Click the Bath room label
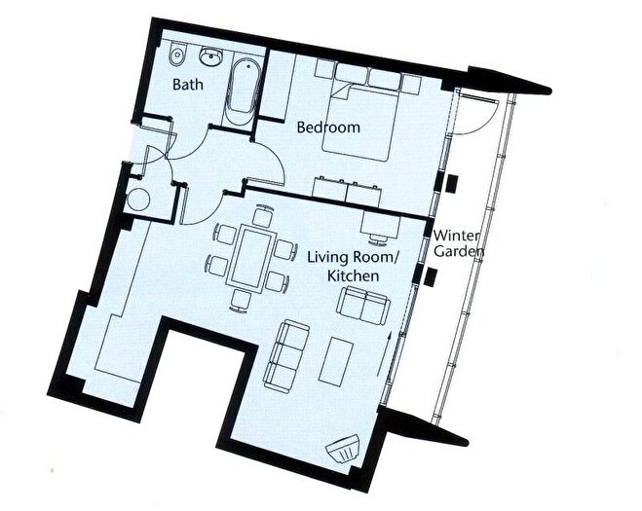click(x=187, y=85)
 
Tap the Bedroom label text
click(x=328, y=128)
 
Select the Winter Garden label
click(x=458, y=243)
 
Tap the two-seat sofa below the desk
click(x=363, y=305)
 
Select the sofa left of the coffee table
click(x=287, y=351)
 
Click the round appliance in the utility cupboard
click(x=139, y=201)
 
